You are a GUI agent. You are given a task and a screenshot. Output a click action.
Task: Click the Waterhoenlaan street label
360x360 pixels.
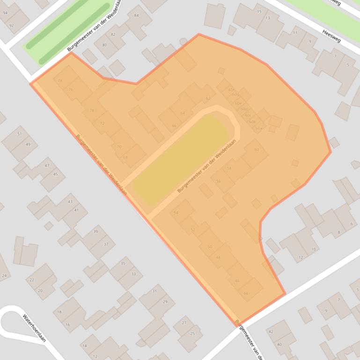[34, 328]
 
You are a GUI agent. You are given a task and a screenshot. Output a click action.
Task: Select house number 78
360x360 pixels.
[60, 81]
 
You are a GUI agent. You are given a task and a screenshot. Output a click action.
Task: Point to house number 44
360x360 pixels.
[245, 293]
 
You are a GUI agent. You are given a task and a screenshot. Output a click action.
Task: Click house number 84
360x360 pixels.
[137, 15]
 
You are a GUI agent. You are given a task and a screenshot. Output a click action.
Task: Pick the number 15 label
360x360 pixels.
[259, 11]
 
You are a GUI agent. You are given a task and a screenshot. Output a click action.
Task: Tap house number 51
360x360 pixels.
[19, 134]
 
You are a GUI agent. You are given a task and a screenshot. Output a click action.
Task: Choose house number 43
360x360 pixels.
[70, 202]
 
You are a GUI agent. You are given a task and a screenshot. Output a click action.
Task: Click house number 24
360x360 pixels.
[4, 275]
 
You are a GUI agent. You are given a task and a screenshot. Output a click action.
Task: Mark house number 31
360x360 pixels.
[154, 291]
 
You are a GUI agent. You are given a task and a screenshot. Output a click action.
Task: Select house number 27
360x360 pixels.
[184, 323]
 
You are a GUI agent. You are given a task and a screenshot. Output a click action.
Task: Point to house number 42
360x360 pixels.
[271, 331]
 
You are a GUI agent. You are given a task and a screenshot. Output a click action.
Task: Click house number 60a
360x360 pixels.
[258, 128]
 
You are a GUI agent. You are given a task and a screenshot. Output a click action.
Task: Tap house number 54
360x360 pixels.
[176, 213]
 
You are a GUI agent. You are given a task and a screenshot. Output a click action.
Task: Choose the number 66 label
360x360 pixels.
[174, 126]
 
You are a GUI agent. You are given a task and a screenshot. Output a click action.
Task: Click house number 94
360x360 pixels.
[5, 13]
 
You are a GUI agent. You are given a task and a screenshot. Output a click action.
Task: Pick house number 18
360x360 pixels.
[59, 312]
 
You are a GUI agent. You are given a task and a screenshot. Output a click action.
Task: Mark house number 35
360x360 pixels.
[123, 263]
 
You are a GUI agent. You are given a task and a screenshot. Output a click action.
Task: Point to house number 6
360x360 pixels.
[352, 224]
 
